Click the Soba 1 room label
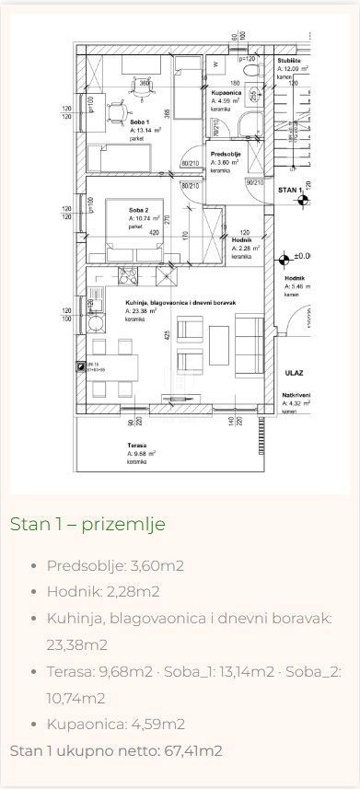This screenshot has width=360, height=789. point(139,122)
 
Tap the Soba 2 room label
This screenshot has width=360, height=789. point(139,210)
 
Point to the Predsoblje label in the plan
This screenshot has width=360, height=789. point(226,154)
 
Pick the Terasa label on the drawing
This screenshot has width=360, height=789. point(138,445)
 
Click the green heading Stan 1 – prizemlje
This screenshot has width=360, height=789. point(87,524)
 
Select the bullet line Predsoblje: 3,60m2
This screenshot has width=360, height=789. point(115,565)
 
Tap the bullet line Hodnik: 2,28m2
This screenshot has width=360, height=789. point(103,591)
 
